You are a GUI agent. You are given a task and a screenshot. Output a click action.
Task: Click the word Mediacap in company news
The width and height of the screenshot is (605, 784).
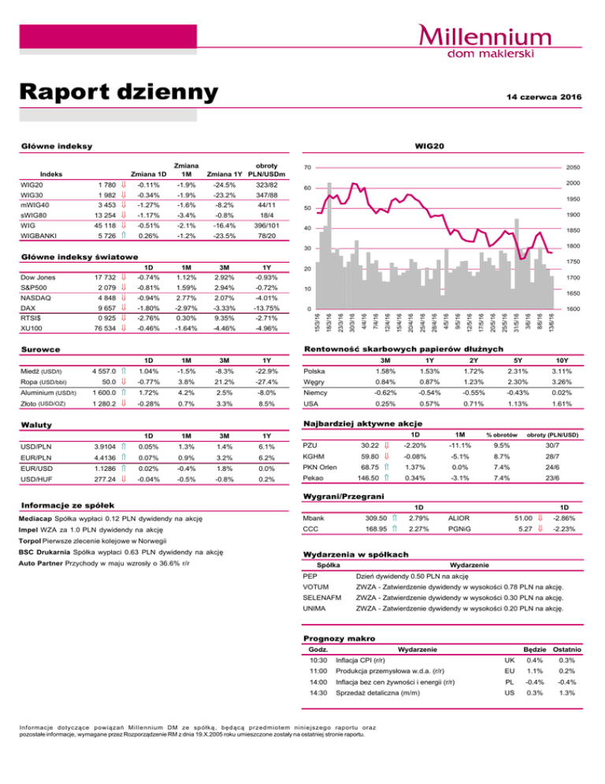pyautogui.click(x=37, y=519)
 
